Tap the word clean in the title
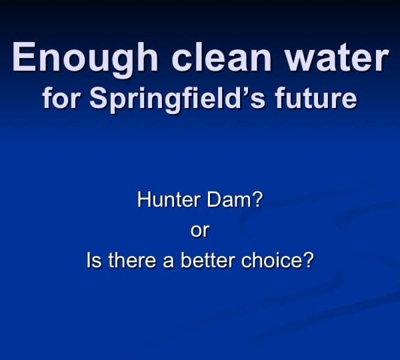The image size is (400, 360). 221,56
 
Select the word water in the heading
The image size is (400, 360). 337,57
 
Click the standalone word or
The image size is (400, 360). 200,231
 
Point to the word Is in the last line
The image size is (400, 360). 94,260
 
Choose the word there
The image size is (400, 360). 132,260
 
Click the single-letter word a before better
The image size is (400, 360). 169,262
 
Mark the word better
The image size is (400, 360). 208,260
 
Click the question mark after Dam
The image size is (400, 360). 257,199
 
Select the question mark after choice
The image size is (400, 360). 309,260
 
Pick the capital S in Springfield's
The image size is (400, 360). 100,98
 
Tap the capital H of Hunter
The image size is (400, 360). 143,199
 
